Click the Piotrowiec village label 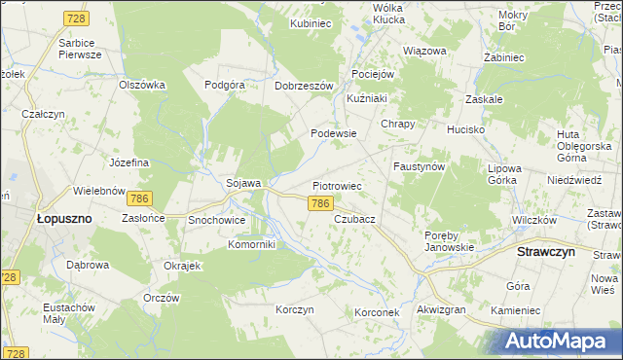click(x=337, y=185)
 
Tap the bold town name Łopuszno click(x=63, y=219)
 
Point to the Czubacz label click(x=354, y=220)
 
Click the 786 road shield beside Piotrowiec click(x=321, y=203)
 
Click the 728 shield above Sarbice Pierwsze click(x=76, y=18)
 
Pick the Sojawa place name click(x=243, y=183)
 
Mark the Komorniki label click(x=253, y=244)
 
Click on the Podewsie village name click(x=333, y=133)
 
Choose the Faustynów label click(x=420, y=166)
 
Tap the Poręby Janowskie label click(x=450, y=240)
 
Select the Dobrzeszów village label click(x=304, y=85)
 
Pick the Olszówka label click(x=142, y=85)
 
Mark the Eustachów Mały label click(x=67, y=313)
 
